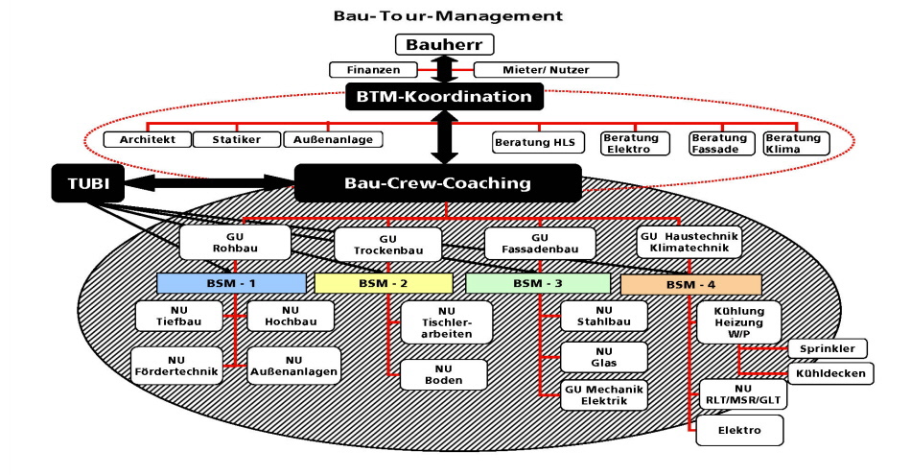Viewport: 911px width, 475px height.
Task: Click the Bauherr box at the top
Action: (445, 44)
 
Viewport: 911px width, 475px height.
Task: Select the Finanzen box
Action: (373, 70)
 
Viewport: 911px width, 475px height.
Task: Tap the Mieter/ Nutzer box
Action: (547, 70)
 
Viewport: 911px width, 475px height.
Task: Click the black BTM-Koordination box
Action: (445, 96)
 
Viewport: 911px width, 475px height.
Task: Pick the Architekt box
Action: (147, 140)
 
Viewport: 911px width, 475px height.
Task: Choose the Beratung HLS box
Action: (537, 142)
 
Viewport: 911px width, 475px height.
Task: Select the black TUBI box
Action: (87, 182)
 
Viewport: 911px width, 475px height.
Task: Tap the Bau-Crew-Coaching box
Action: (437, 182)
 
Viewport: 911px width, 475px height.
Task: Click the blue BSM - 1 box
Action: (231, 283)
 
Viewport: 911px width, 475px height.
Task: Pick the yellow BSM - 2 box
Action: (384, 283)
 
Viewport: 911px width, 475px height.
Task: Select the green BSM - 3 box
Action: (537, 283)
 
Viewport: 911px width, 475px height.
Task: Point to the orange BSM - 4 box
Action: (690, 285)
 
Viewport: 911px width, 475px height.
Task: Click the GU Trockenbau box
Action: (387, 244)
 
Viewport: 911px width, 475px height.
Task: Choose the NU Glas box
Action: (604, 357)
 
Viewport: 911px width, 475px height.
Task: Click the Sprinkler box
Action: (828, 347)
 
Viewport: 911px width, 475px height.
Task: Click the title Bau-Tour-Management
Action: (448, 16)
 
